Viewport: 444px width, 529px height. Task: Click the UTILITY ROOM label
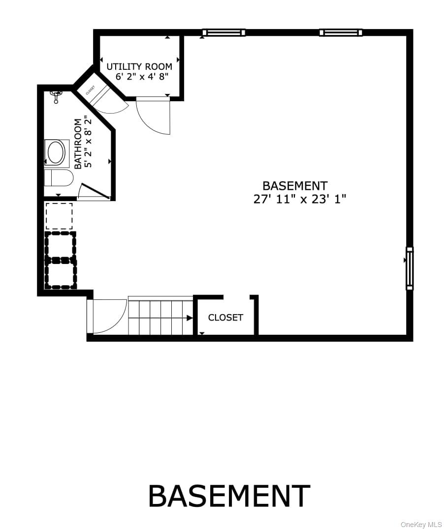point(139,66)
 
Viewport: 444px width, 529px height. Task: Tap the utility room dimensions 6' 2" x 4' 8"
point(142,77)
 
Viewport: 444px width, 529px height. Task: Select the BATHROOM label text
point(78,144)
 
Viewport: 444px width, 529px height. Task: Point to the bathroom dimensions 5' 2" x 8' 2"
point(88,142)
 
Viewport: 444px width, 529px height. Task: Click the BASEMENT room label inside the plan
point(294,186)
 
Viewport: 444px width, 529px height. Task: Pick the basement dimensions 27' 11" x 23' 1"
point(300,199)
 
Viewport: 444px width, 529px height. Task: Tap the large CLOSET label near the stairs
point(225,318)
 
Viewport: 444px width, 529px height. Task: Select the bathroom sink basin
point(56,153)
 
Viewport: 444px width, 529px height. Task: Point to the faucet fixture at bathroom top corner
point(57,95)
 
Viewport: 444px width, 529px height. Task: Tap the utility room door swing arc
point(154,116)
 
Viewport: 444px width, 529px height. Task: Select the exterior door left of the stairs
point(106,316)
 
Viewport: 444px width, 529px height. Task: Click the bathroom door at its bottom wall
point(94,192)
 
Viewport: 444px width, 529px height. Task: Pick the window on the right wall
point(409,268)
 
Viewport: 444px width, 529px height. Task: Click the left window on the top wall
point(223,33)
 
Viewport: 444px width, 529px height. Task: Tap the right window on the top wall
point(341,33)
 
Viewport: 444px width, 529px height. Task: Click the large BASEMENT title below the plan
point(229,497)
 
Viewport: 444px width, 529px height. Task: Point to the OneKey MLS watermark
point(421,524)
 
